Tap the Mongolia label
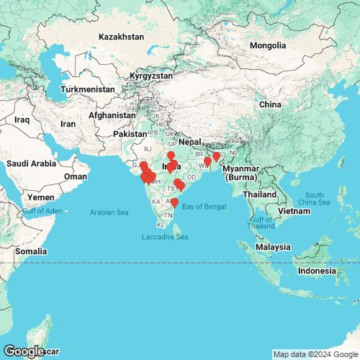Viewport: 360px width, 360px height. (267, 46)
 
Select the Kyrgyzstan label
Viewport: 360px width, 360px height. (151, 76)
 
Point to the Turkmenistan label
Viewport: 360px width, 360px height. (88, 89)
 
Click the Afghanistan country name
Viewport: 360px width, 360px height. (112, 115)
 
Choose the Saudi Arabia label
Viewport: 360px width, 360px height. (31, 163)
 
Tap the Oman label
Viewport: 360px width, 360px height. (76, 176)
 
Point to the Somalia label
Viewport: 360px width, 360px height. (32, 251)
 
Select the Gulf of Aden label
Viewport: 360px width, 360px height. (43, 210)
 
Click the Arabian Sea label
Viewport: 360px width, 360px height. (109, 212)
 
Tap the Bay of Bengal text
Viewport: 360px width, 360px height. (204, 207)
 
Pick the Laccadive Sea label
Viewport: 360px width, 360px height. (164, 237)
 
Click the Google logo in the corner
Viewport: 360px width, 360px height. (23, 351)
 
